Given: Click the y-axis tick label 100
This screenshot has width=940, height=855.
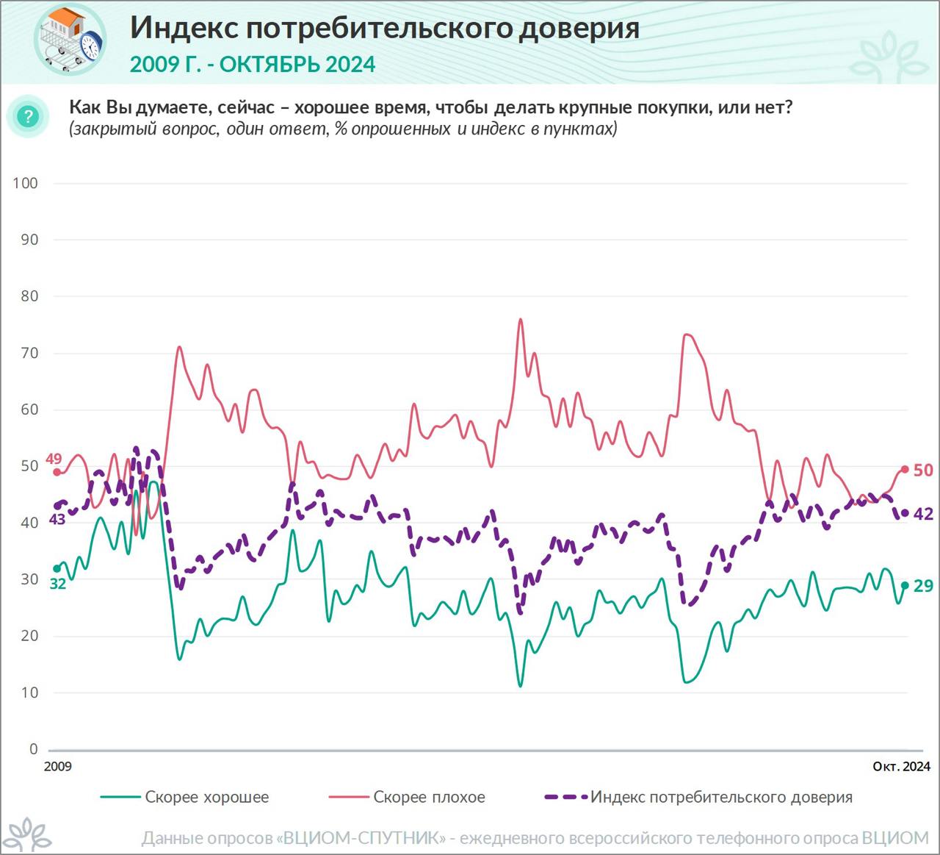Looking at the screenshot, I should (x=26, y=183).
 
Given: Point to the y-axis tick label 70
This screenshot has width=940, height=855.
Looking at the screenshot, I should (x=29, y=353).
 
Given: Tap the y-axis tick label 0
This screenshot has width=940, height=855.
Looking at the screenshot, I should (x=33, y=749).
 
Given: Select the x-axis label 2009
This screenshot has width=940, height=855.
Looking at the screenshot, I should (x=58, y=766).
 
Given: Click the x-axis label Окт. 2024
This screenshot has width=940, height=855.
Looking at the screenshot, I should (x=901, y=766).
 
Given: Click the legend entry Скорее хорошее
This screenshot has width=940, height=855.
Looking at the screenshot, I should (x=206, y=797).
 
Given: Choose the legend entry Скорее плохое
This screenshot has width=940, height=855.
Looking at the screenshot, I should (x=429, y=797).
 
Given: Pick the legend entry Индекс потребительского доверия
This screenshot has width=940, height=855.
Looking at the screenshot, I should (x=721, y=797).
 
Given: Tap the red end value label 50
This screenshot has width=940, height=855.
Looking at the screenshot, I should (x=923, y=470).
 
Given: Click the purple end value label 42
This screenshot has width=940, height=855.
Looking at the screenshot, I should (x=923, y=514).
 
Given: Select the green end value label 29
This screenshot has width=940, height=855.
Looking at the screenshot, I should (x=923, y=585).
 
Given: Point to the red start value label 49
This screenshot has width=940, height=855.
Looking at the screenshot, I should (x=54, y=459).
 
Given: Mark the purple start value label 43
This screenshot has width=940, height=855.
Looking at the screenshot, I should (x=57, y=519).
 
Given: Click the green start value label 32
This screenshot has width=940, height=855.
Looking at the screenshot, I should (x=57, y=584).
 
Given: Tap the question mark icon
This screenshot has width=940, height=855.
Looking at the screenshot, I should (x=29, y=116).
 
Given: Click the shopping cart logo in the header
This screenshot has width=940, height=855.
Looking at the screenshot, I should (x=70, y=39).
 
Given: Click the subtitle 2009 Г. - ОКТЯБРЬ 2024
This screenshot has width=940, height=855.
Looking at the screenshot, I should (x=253, y=65).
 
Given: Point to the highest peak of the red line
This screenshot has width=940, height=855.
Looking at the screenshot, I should (x=520, y=319).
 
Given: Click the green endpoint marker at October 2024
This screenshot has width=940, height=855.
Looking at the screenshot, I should (x=905, y=585).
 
